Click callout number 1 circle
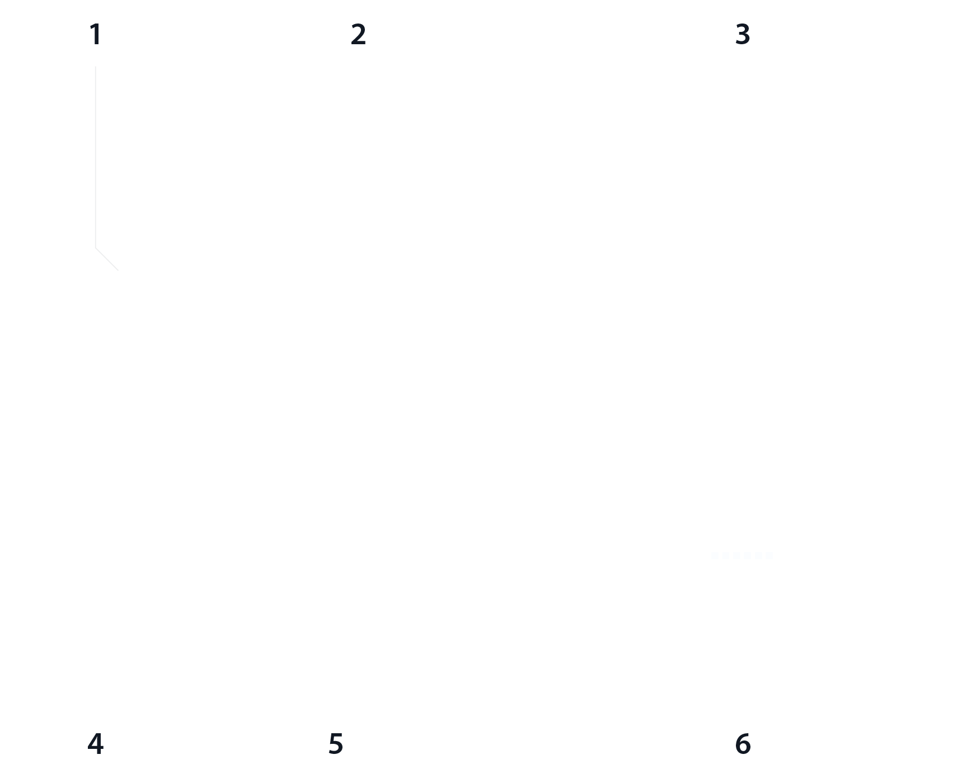[x=96, y=35]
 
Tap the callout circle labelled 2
[x=358, y=35]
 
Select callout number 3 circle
[x=743, y=35]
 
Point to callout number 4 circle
[x=96, y=744]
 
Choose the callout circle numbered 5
[x=335, y=744]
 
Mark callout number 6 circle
[x=743, y=744]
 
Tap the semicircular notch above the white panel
[x=739, y=447]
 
